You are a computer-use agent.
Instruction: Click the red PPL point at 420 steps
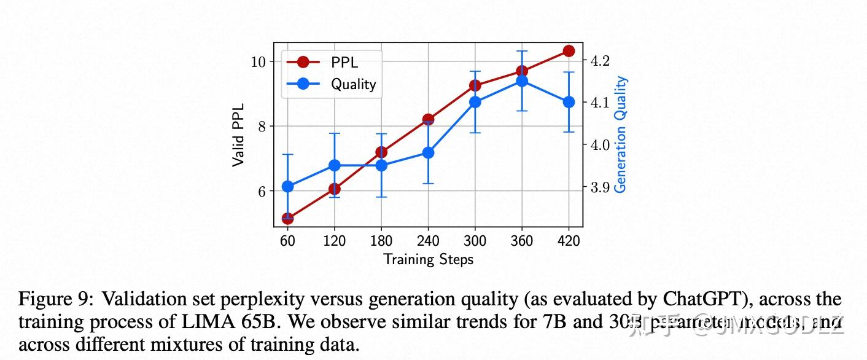tap(569, 51)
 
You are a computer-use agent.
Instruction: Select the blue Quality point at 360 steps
tap(522, 81)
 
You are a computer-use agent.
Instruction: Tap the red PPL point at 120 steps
tap(335, 189)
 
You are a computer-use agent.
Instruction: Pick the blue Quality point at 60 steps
tap(287, 186)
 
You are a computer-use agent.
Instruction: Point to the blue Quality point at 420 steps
tap(569, 102)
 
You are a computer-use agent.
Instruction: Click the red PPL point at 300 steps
tap(475, 85)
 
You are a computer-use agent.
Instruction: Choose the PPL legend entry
tap(332, 62)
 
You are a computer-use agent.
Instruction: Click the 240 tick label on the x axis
tap(428, 241)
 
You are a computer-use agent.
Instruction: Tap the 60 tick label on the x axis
tap(287, 241)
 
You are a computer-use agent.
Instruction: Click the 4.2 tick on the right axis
tap(599, 61)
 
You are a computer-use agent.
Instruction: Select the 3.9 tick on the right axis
tap(599, 187)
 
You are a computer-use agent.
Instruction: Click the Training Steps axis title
tap(428, 259)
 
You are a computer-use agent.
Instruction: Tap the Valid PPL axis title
tap(238, 135)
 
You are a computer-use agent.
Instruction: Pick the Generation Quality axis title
tap(621, 134)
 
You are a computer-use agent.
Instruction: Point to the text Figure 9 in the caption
tap(55, 299)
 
